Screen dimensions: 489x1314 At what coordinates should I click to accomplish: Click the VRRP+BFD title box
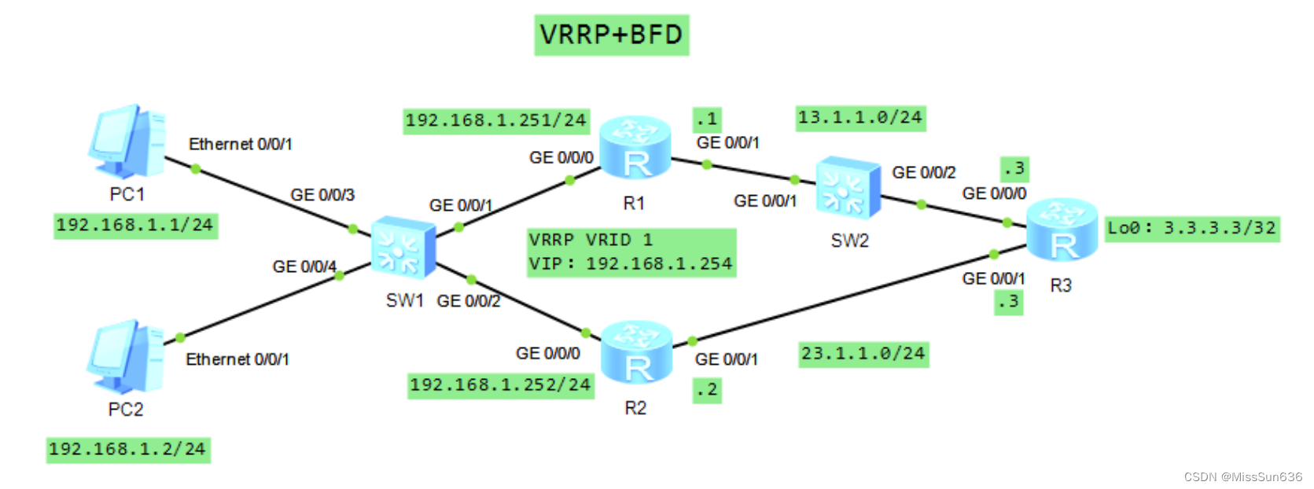click(611, 35)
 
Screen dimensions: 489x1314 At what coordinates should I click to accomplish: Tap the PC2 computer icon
click(125, 358)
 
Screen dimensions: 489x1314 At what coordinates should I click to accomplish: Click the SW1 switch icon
click(403, 248)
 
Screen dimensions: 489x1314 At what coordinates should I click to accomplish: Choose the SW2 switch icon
click(848, 188)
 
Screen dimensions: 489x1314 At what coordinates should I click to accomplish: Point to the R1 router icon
click(635, 149)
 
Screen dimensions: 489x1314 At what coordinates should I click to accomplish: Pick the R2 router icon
click(636, 353)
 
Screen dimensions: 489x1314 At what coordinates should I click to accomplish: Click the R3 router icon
click(1062, 230)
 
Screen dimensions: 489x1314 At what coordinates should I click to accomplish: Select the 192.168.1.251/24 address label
click(495, 120)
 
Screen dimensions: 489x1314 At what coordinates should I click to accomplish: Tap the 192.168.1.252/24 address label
click(500, 384)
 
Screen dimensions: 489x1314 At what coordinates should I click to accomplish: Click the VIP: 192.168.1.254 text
click(631, 264)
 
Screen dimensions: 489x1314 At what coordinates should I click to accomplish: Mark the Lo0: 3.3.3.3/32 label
click(1191, 228)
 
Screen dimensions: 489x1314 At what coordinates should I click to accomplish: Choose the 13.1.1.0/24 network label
click(859, 118)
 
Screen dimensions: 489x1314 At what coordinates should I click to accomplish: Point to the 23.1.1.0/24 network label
click(863, 354)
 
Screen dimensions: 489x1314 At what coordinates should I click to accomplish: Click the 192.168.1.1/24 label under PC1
click(134, 225)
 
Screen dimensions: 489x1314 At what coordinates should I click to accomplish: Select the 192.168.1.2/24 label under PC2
click(127, 449)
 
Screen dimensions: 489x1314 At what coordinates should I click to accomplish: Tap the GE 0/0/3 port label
click(322, 195)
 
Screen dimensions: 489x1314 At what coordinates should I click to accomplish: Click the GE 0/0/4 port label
click(304, 267)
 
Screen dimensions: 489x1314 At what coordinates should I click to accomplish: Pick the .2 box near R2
click(706, 390)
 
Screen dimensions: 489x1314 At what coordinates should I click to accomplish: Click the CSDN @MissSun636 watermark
click(1242, 476)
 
